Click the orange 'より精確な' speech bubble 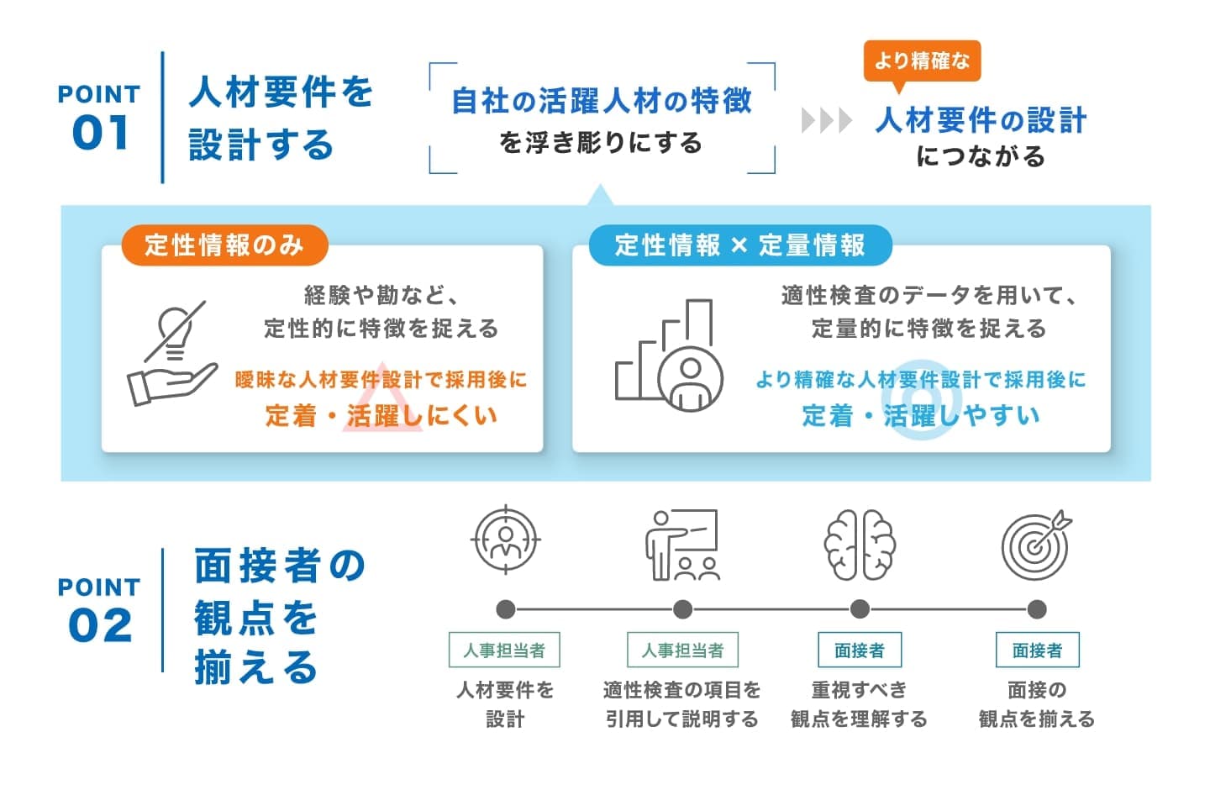(922, 61)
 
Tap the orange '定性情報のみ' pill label (224, 245)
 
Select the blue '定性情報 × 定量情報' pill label (739, 245)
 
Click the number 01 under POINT (101, 133)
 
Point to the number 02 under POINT (101, 625)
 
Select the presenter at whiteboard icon (682, 545)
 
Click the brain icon (860, 545)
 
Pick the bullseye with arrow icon (1037, 545)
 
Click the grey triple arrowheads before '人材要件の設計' (826, 121)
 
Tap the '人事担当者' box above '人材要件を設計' (504, 650)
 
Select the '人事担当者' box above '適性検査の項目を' (682, 650)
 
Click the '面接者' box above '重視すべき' (860, 650)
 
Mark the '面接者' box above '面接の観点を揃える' (1037, 650)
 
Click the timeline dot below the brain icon (860, 609)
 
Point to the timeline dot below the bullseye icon (1037, 609)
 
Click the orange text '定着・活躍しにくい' (381, 415)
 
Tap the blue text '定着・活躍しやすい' (921, 415)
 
